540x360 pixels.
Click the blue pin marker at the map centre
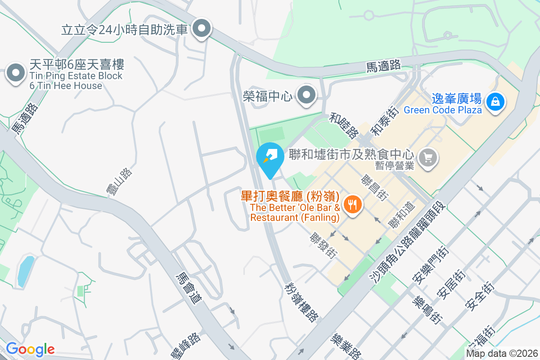point(270,158)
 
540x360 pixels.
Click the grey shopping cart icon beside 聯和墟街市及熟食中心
point(427,157)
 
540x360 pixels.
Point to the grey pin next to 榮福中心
point(307,95)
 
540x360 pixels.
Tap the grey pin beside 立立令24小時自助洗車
point(202,30)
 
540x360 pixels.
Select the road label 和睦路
point(344,125)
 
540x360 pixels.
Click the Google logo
point(30,349)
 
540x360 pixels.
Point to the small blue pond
point(26,271)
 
